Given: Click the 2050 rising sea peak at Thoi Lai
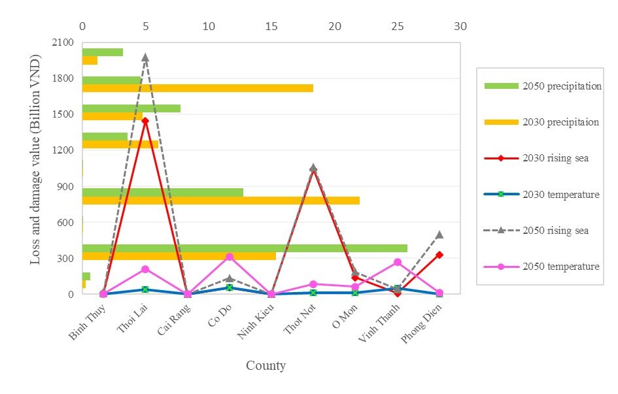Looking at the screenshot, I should pos(145,57).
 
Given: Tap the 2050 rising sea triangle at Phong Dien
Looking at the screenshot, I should pos(439,234).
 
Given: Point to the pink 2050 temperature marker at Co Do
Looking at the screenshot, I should pos(230,257).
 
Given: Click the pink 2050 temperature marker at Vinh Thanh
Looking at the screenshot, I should pos(398,262).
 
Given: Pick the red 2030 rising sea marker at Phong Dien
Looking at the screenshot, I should pos(439,255).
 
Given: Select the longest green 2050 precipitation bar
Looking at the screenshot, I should pos(245,248).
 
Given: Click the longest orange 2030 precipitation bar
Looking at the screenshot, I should pos(221,201).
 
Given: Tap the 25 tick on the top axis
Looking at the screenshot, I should pos(398,27).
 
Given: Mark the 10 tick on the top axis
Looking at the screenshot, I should pos(209,27).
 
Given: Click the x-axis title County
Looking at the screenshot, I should pos(266,366).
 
